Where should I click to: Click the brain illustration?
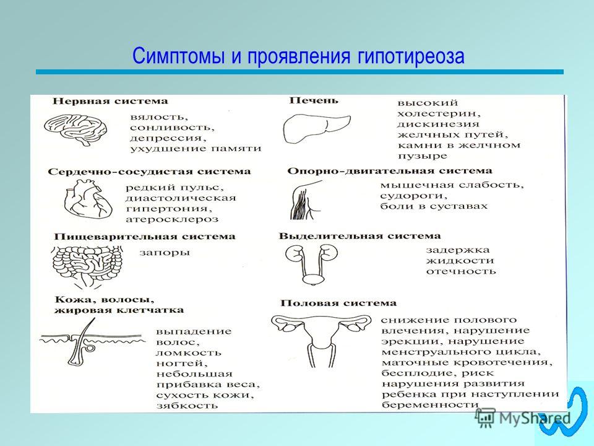(x=75, y=129)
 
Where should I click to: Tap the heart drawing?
(x=88, y=199)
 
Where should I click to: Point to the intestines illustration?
(x=88, y=266)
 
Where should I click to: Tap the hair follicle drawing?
(x=92, y=342)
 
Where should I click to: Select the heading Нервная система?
(x=110, y=101)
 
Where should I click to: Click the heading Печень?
(x=314, y=100)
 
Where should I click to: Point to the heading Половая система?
(x=338, y=303)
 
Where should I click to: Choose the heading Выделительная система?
(x=360, y=236)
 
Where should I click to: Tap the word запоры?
(x=165, y=253)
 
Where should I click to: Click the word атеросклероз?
(x=172, y=219)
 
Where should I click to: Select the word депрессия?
(x=168, y=138)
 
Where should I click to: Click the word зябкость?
(x=187, y=405)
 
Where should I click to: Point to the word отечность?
(x=460, y=271)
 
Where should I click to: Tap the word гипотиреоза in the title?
(x=410, y=56)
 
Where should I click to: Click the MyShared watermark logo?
(x=523, y=418)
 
